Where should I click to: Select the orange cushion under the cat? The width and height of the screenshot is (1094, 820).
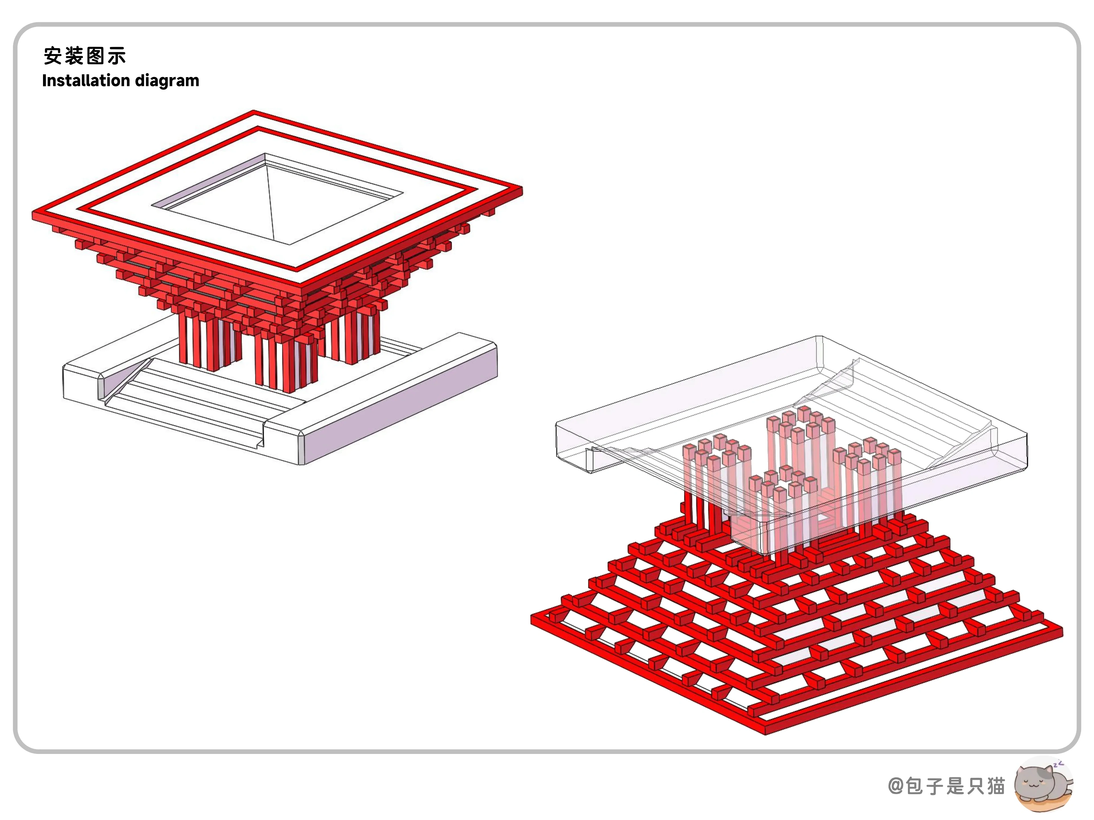[x=1044, y=804]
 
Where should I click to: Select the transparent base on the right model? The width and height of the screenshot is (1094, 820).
[x=791, y=435]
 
